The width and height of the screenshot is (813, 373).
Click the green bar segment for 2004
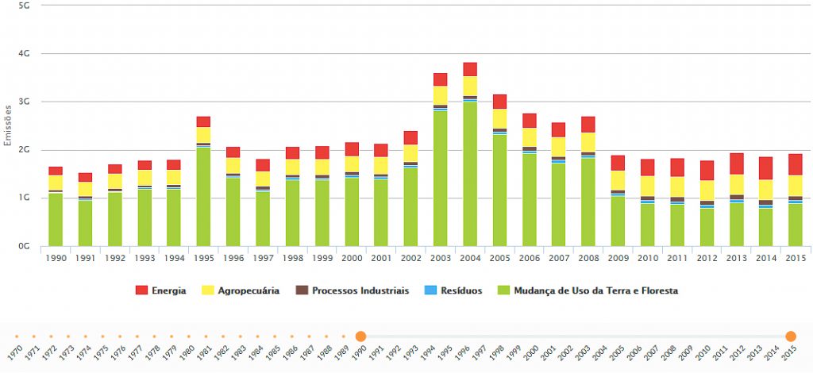470,175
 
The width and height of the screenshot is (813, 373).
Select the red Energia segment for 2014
766,167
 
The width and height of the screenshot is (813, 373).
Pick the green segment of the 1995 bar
204,197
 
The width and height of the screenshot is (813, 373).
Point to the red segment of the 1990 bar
56,171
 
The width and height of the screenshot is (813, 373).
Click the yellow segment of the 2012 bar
707,190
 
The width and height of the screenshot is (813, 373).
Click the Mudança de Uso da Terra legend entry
587,290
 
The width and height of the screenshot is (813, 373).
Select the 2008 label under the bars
588,258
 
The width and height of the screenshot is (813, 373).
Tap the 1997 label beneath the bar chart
263,258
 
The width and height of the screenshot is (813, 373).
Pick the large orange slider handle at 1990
360,336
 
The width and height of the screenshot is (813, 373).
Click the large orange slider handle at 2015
791,336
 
